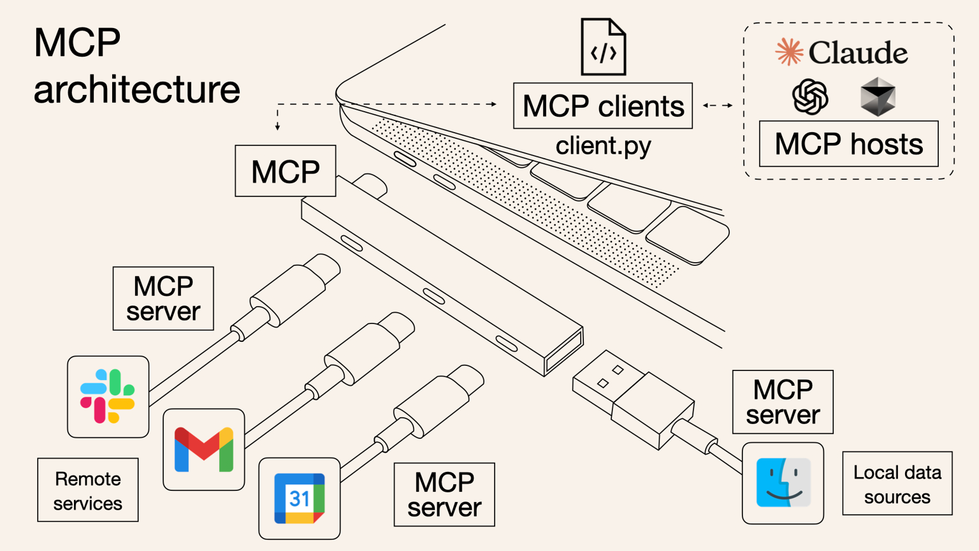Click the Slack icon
(108, 396)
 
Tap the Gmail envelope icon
(204, 450)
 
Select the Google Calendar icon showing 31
(299, 498)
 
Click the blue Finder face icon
(783, 483)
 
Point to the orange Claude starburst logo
(789, 52)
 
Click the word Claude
(858, 53)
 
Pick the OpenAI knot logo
(810, 97)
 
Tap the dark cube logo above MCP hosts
(878, 97)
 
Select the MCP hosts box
(848, 144)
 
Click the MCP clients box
(602, 106)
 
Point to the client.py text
(603, 146)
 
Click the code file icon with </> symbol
(603, 47)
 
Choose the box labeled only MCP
(285, 171)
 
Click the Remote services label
(88, 490)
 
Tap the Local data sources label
(897, 484)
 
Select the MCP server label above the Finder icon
(783, 402)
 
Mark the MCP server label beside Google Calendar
(444, 495)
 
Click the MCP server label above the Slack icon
(163, 298)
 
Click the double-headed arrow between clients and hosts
(718, 105)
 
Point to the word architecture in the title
(136, 89)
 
